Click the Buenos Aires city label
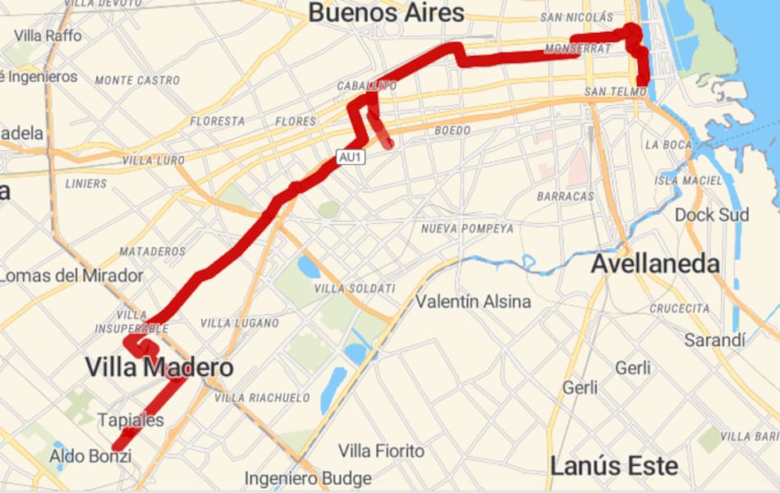386,13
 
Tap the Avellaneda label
655,263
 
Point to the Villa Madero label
159,367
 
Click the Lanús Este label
614,466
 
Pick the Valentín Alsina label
473,301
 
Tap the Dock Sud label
712,215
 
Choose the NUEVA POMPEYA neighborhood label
467,229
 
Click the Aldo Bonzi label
90,455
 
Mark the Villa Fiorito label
382,450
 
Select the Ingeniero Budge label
308,477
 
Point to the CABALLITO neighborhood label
361,85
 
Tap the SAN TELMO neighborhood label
616,91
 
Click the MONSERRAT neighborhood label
578,49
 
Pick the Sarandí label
714,340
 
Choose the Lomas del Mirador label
72,276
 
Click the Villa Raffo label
48,35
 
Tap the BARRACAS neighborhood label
565,197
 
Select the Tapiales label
131,420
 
